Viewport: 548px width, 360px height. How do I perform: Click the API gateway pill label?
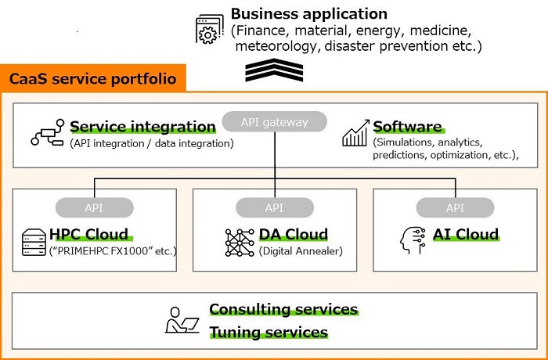tap(274, 122)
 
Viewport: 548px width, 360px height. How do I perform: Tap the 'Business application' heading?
tap(309, 14)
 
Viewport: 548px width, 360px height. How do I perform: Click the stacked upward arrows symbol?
tap(274, 70)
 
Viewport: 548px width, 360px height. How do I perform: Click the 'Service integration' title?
tap(142, 127)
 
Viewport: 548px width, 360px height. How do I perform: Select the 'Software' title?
tap(407, 127)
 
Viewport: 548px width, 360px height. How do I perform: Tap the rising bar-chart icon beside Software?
tap(355, 133)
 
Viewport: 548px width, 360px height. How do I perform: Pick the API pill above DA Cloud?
tap(274, 208)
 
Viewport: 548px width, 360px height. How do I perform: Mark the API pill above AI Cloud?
tap(455, 208)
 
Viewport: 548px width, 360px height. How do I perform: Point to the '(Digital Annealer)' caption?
tap(301, 250)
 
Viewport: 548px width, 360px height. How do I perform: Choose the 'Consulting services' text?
tap(283, 309)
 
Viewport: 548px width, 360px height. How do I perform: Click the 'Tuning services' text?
tap(269, 333)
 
